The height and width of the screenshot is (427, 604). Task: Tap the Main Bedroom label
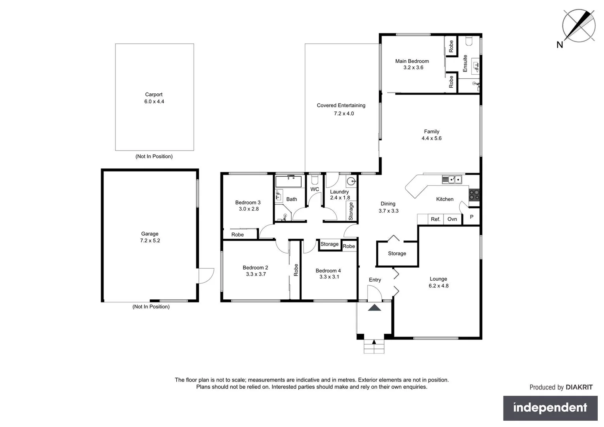(x=412, y=61)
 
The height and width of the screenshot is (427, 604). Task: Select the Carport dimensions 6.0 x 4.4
(x=154, y=102)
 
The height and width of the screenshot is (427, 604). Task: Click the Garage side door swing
(x=206, y=276)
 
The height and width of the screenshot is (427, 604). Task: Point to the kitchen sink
(x=452, y=180)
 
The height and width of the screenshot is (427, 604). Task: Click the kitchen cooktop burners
(x=474, y=195)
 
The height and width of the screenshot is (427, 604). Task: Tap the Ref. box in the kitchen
(x=435, y=219)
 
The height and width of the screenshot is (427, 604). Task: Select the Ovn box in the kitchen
(x=452, y=219)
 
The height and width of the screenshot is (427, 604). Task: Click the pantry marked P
(x=471, y=217)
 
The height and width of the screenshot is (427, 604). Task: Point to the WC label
(x=315, y=189)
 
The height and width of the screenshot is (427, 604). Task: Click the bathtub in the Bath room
(x=289, y=182)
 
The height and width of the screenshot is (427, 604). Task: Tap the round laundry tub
(x=351, y=181)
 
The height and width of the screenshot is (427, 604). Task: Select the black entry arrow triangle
(x=374, y=308)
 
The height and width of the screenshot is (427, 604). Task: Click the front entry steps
(x=374, y=347)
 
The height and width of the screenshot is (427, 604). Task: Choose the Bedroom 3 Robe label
(x=238, y=235)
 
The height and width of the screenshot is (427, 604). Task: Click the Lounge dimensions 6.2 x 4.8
(x=438, y=286)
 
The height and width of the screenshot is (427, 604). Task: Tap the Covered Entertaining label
(x=341, y=106)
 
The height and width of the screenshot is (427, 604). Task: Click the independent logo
(x=550, y=408)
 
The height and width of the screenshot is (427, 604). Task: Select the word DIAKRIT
(x=579, y=387)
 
